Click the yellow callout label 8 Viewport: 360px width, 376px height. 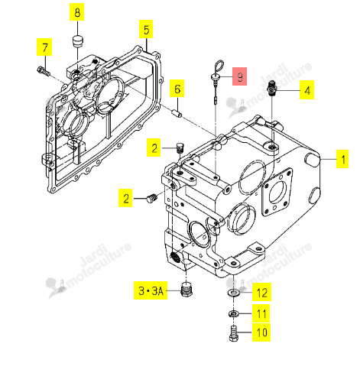click(x=77, y=13)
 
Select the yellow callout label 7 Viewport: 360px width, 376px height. click(x=44, y=47)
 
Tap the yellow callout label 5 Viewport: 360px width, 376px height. click(x=146, y=29)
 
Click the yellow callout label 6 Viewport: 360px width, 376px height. click(x=177, y=89)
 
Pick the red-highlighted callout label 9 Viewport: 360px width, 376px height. click(x=239, y=76)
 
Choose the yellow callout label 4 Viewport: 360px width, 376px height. click(x=306, y=90)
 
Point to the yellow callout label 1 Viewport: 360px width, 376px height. click(x=342, y=159)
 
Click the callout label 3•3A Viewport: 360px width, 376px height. click(x=151, y=290)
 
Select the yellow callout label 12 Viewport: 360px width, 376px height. click(x=261, y=292)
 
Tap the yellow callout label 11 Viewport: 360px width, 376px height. click(x=261, y=313)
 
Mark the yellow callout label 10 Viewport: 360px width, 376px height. click(x=261, y=332)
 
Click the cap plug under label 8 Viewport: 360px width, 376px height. click(x=77, y=41)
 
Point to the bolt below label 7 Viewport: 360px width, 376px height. click(x=43, y=70)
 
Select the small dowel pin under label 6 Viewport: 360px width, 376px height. click(x=177, y=114)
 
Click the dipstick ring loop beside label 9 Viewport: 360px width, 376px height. click(x=219, y=66)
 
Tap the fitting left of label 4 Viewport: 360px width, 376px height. click(x=272, y=88)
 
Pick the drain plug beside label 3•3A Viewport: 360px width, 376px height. click(x=186, y=290)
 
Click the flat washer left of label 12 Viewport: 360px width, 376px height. click(x=233, y=293)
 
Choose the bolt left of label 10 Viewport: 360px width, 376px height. click(x=234, y=334)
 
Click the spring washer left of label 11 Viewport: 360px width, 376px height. click(x=233, y=313)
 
